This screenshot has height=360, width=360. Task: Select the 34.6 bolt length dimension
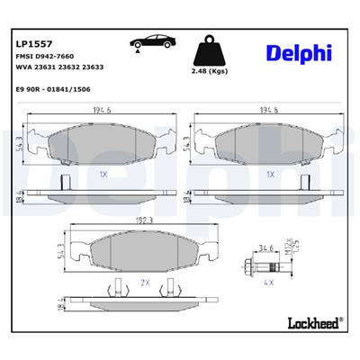(266, 246)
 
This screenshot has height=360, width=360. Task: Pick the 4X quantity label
(267, 282)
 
